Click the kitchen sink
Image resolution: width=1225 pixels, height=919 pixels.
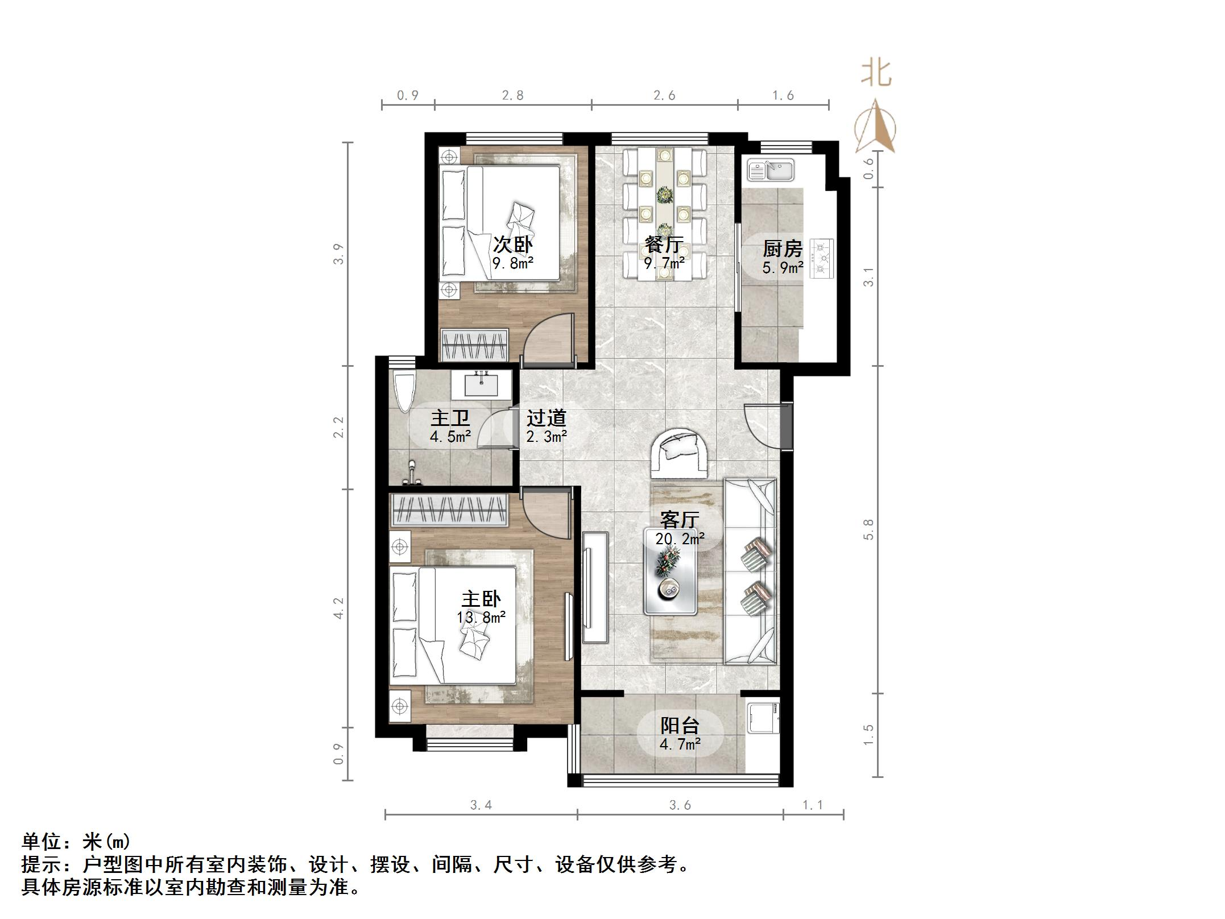coord(771,170)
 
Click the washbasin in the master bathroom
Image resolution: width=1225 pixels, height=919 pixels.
coord(481,384)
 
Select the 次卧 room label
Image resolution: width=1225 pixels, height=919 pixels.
coord(512,245)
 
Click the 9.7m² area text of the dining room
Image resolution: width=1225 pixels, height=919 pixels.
coord(664,263)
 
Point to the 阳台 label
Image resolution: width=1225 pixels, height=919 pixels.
coord(680,725)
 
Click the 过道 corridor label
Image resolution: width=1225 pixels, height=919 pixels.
coord(546,418)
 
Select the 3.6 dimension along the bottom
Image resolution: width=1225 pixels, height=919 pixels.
coord(680,805)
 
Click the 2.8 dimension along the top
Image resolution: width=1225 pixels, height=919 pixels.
coord(512,96)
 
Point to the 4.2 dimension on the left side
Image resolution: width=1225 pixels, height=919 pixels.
coord(339,608)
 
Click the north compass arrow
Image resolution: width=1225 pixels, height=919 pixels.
coord(876,126)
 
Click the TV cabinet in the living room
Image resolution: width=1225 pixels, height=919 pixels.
coord(595,587)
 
